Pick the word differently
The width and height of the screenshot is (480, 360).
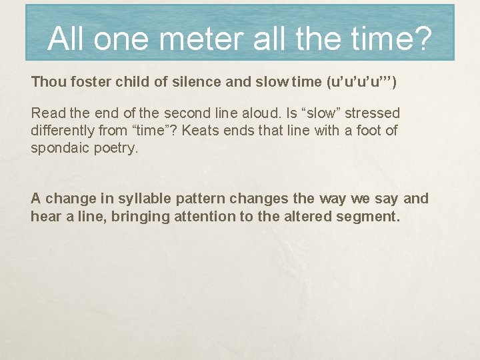63,130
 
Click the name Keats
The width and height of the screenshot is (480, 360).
200,130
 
